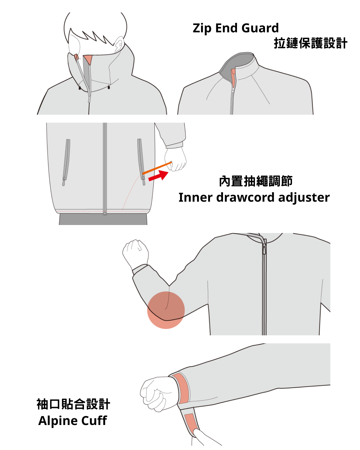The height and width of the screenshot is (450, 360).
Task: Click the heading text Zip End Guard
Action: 236,28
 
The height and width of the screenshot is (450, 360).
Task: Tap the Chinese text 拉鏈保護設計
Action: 310,43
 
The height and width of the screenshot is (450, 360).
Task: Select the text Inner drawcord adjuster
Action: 254,197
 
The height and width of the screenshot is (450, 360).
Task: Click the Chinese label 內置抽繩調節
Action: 256,181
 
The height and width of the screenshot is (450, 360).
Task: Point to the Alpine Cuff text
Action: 73,421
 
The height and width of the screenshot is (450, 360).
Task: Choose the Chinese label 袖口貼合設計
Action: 73,404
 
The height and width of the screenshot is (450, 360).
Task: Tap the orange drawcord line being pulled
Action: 157,168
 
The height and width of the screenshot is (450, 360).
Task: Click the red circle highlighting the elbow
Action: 166,310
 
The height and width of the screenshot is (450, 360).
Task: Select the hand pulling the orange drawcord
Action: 176,159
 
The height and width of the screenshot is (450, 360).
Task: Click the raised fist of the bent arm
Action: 136,253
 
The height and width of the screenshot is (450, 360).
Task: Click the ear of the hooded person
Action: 119,45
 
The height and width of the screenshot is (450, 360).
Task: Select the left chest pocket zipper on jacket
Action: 66,162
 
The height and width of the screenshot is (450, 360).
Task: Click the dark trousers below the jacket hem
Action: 103,219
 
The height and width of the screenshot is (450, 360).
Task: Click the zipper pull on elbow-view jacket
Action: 264,248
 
